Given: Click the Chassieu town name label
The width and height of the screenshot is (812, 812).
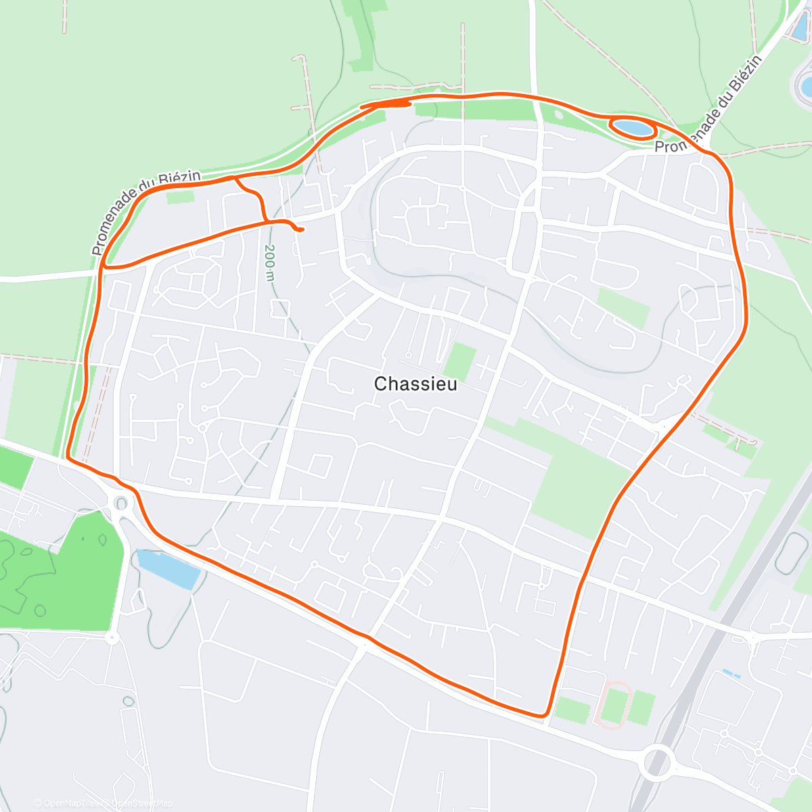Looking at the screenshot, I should (x=415, y=384).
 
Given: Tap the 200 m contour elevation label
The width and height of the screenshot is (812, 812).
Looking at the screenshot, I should (x=270, y=263).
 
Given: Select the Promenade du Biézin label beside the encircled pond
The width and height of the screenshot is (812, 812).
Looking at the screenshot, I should (x=707, y=101).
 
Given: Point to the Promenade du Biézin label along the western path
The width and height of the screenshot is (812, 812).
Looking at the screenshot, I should (x=145, y=212).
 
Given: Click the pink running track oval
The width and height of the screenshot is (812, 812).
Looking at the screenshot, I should (x=615, y=705).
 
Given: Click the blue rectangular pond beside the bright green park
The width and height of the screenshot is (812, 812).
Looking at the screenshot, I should (x=168, y=569).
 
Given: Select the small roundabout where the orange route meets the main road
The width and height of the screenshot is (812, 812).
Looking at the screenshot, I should (x=121, y=503).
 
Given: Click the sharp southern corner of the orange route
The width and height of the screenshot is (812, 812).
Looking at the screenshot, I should (x=544, y=715).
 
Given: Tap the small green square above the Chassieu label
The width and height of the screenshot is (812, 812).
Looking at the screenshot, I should (x=461, y=360).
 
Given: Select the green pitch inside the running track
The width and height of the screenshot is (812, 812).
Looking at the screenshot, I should (x=615, y=705).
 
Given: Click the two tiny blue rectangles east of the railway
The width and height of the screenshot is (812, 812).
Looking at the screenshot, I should (x=731, y=673).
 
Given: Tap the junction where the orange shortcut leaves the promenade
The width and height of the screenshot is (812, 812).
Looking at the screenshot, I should (x=235, y=179).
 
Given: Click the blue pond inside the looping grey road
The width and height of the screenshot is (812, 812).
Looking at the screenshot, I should (x=805, y=85).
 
